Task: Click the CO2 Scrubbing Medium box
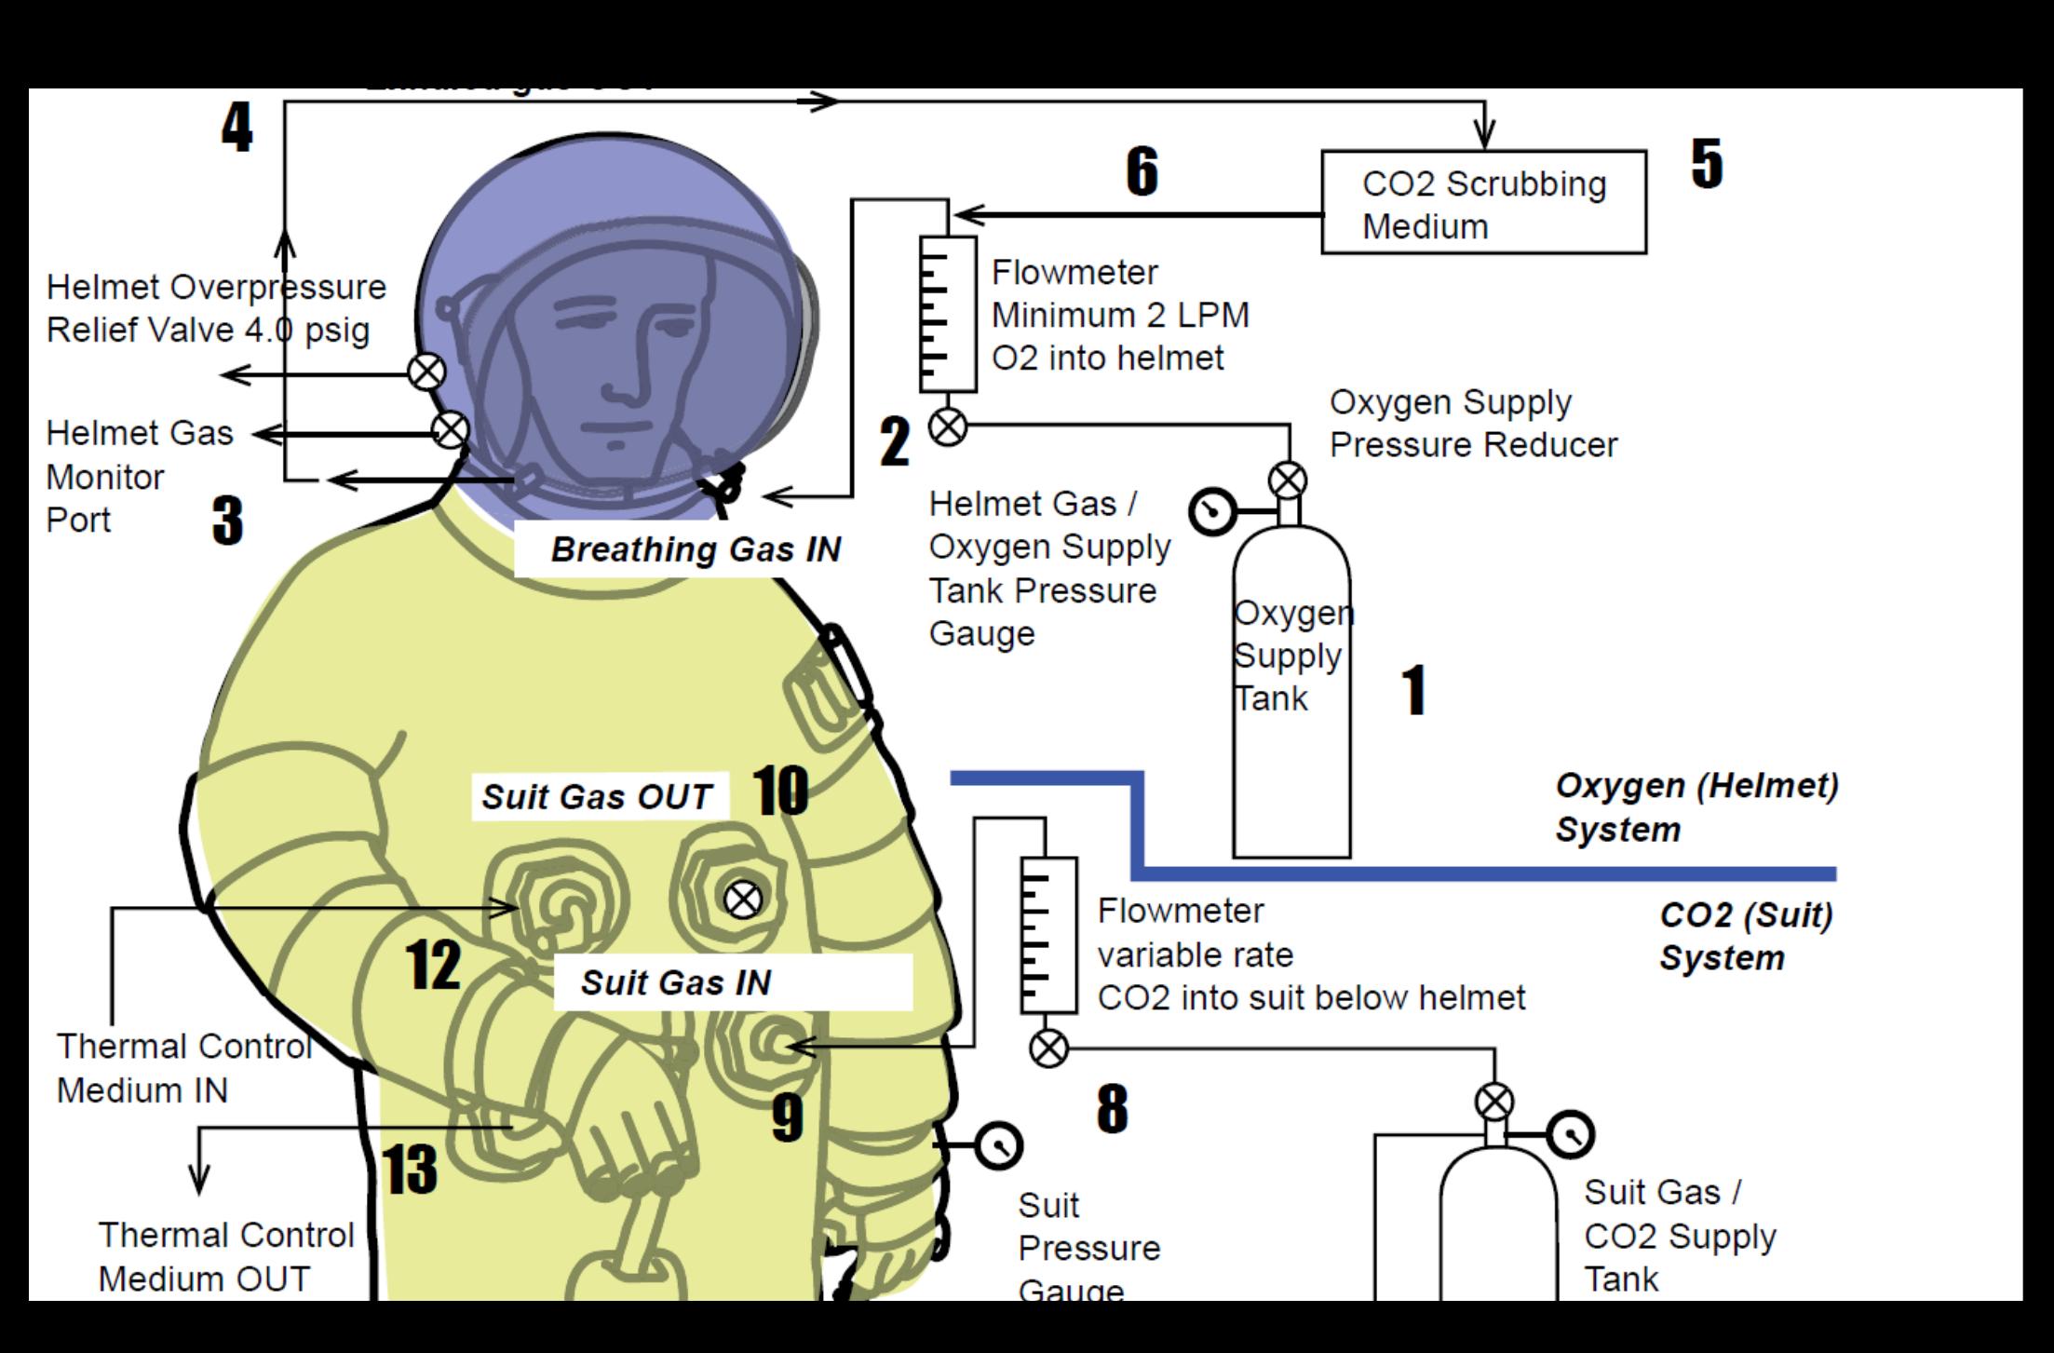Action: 1483,202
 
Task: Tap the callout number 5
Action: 1707,164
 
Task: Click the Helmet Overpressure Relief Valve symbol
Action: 426,372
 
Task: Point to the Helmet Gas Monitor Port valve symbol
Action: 451,430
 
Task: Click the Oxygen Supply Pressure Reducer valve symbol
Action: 1288,481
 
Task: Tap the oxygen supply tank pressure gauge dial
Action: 1212,511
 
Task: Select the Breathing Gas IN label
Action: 696,549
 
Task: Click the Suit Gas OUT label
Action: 597,797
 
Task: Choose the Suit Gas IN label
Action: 676,982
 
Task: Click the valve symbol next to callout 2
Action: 948,427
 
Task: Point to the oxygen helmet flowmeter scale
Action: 947,314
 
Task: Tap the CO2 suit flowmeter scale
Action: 1048,934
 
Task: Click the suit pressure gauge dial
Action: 999,1145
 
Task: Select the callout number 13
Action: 410,1170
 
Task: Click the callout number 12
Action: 433,965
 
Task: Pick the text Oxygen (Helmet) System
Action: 1696,806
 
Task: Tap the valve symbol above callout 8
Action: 1049,1049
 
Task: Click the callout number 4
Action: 237,128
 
